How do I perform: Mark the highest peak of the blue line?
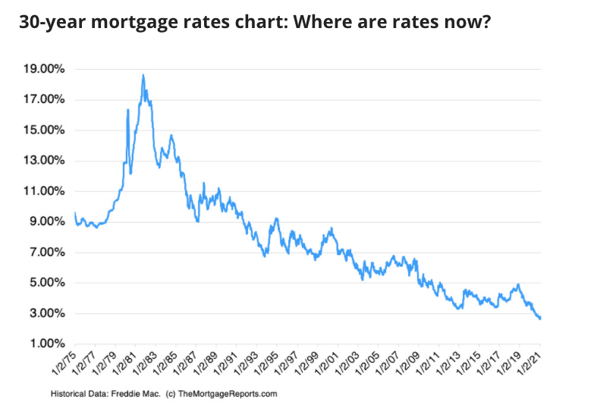(143, 75)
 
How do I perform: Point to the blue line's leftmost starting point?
(74, 213)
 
